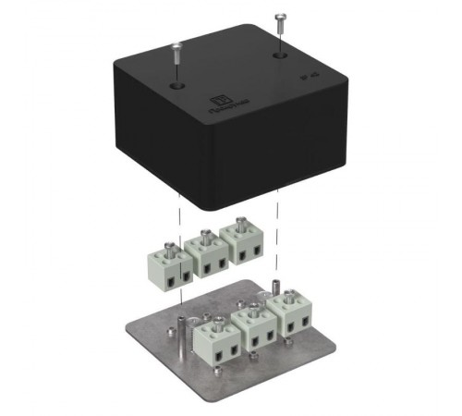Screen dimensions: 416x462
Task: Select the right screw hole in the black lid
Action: coord(279,55)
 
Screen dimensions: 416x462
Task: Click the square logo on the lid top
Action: coord(221,101)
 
